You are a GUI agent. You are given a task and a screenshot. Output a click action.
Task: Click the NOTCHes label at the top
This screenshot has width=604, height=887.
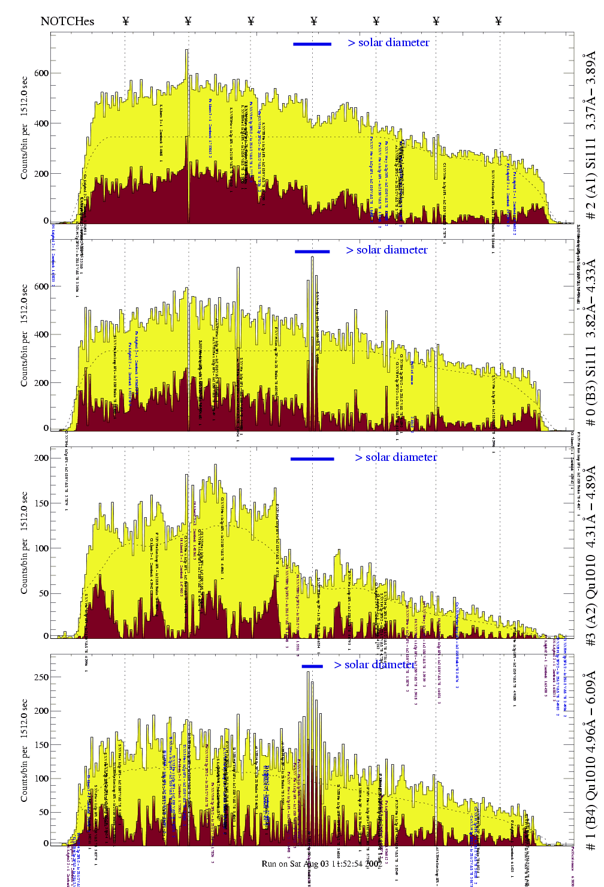click(x=67, y=21)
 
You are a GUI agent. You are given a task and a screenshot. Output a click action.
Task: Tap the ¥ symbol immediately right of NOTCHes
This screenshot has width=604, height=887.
click(x=126, y=21)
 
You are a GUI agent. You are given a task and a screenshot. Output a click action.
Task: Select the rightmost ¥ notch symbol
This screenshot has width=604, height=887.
click(x=498, y=21)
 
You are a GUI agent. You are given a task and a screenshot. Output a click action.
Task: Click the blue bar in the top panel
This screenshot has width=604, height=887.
click(x=312, y=44)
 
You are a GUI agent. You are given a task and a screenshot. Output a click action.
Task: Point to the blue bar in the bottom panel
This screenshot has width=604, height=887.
click(x=312, y=666)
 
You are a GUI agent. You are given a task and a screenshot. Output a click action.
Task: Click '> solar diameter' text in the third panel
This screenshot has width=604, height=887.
click(x=396, y=457)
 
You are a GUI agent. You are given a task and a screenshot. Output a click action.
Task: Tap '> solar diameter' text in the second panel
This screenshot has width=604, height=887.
click(x=387, y=250)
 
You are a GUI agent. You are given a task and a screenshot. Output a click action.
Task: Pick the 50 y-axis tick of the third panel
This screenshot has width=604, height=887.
click(x=43, y=593)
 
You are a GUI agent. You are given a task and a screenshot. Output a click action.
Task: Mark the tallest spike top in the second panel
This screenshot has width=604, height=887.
click(x=312, y=257)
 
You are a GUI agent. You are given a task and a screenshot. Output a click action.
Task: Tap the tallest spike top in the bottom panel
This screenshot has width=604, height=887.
click(x=309, y=672)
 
